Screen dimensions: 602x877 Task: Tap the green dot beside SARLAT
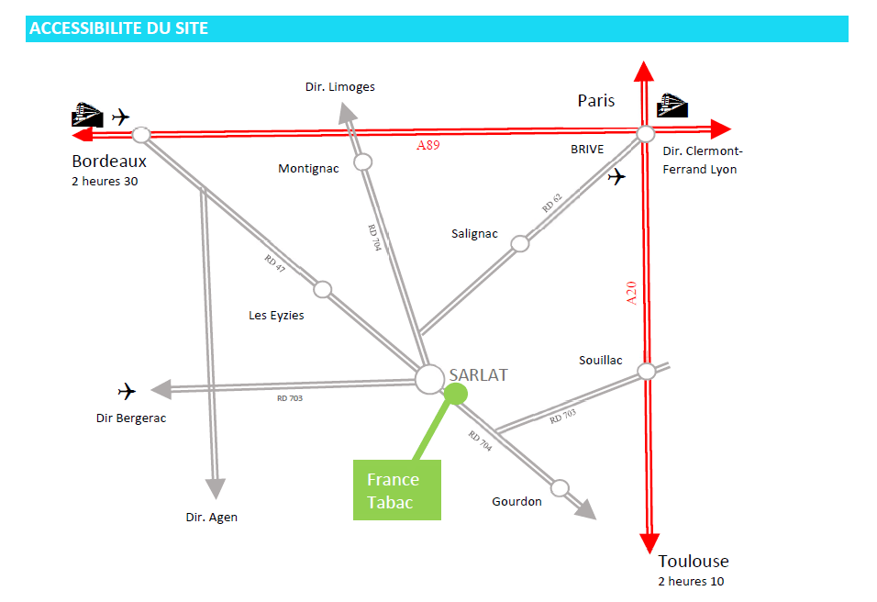tap(455, 393)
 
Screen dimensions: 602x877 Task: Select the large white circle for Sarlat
tap(430, 379)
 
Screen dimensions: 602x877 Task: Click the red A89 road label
tap(428, 145)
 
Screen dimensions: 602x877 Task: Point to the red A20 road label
tap(630, 293)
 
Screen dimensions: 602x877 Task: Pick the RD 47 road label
tap(275, 262)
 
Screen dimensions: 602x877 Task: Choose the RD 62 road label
tap(550, 204)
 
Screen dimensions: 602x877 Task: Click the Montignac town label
tap(308, 168)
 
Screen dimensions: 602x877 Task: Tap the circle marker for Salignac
tap(520, 243)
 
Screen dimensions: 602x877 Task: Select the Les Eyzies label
tap(276, 315)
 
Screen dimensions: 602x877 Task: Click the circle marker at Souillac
tap(646, 371)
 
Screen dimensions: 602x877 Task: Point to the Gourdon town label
tap(516, 501)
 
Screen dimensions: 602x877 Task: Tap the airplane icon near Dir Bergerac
tap(127, 392)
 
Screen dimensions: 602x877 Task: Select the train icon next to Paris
tap(673, 104)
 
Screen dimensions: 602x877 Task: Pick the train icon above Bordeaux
tap(88, 115)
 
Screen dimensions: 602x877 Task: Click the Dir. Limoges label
tap(340, 87)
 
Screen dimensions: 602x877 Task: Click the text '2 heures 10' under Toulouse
tap(691, 581)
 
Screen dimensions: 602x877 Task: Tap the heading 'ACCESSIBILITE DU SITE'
tap(119, 28)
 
